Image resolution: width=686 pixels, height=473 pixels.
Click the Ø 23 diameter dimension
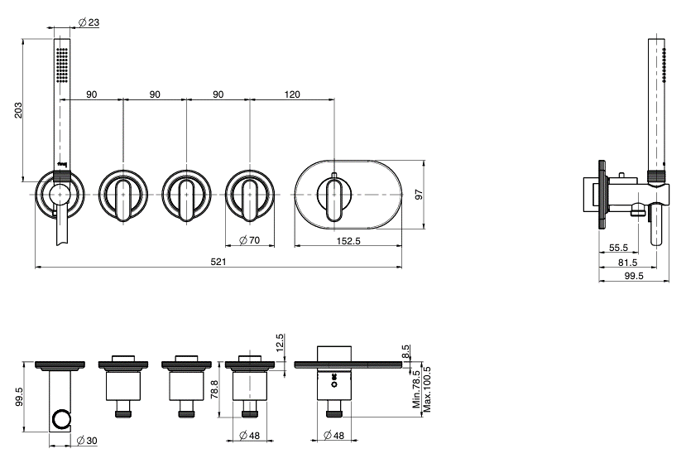pos(89,22)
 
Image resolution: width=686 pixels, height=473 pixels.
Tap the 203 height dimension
pos(17,110)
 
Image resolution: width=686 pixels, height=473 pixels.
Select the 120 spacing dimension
pos(292,94)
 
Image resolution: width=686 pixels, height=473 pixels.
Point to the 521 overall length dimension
pos(218,262)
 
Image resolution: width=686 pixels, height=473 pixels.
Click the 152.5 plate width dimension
pos(348,241)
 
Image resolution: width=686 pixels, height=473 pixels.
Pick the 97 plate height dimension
pos(419,195)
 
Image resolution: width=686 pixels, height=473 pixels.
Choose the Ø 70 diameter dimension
pos(249,240)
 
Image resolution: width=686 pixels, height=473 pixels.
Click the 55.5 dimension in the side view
pos(618,248)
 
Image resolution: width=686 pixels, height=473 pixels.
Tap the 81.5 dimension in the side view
pos(627,263)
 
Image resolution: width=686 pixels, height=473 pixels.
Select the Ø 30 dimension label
pos(87,441)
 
